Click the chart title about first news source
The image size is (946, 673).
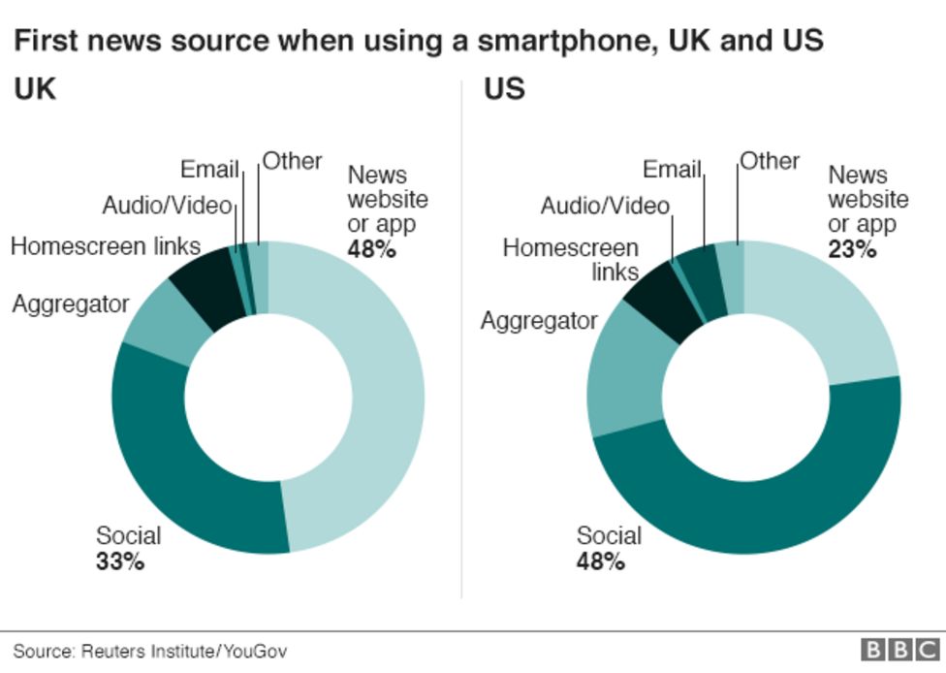tap(418, 41)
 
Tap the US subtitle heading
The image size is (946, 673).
tap(504, 89)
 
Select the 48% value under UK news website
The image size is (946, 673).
tap(372, 248)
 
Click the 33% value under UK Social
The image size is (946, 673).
tap(120, 561)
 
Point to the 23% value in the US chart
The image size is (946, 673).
tap(852, 248)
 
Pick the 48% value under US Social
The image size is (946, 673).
tap(600, 561)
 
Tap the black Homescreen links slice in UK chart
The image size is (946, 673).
tap(208, 295)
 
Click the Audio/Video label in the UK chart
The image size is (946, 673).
tap(167, 206)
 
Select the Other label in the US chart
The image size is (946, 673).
tap(770, 161)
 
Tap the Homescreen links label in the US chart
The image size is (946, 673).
tap(572, 259)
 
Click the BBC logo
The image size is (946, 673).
tap(900, 650)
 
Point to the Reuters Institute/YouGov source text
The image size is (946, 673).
tap(150, 651)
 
